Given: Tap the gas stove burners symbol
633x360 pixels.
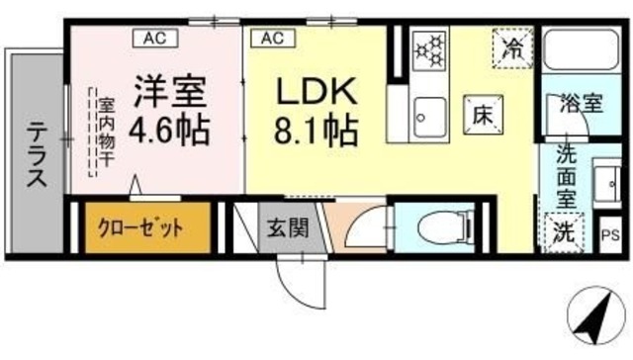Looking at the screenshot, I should click(x=430, y=48).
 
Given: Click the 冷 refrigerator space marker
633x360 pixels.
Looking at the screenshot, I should click(x=513, y=47).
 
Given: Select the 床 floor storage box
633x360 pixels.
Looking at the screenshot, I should click(x=482, y=114).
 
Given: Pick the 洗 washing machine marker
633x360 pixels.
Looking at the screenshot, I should click(x=562, y=233).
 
